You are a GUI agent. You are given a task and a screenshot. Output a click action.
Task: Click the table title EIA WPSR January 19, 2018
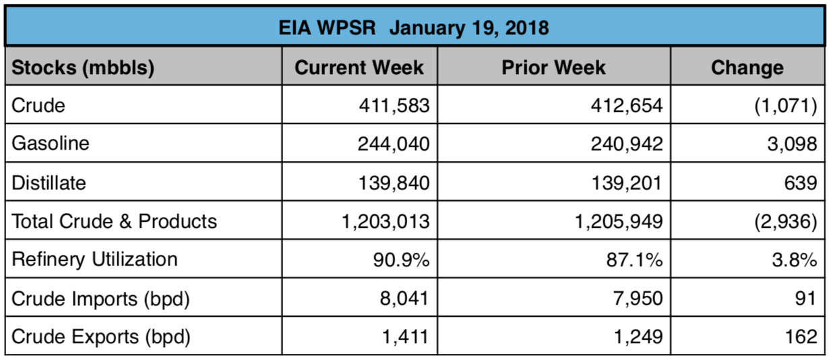tap(414, 28)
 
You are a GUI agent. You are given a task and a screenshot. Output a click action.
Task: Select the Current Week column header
tap(359, 67)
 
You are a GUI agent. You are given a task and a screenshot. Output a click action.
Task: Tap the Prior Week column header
tap(553, 67)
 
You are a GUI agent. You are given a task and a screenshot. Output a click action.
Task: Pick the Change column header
tap(747, 67)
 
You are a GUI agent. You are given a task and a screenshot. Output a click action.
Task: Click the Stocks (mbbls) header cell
tap(84, 67)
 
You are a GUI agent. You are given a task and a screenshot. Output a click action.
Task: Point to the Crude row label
tap(38, 106)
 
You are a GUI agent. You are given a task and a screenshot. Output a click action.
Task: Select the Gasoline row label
tap(51, 144)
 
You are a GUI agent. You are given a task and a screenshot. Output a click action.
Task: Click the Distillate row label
tap(49, 183)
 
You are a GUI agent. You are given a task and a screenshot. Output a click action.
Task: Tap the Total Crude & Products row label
tap(115, 221)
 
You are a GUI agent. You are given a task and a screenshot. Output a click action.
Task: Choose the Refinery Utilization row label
tap(95, 260)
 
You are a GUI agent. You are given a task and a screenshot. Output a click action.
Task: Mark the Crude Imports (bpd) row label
tap(100, 298)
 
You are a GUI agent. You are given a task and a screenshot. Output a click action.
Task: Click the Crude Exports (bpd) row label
tap(101, 336)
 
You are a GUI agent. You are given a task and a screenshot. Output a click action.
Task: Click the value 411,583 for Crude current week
tap(393, 106)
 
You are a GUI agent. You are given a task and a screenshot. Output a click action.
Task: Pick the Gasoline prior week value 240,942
tap(626, 144)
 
